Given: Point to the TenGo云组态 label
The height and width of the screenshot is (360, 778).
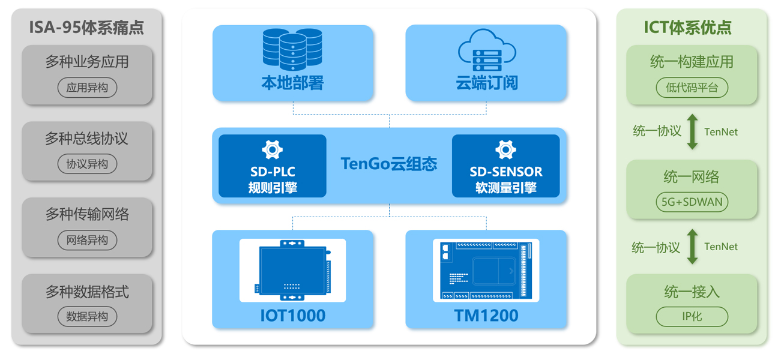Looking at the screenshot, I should pos(388,163).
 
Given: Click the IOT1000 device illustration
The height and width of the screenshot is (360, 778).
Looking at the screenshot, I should pos(292,270).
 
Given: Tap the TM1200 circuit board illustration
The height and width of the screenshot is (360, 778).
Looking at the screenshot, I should pos(486,270).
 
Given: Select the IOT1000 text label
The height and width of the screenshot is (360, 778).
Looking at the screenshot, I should pos(292,315).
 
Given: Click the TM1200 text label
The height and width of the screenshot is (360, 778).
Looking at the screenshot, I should pos(486,315).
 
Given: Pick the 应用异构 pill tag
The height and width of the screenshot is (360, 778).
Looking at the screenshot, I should pos(87,88).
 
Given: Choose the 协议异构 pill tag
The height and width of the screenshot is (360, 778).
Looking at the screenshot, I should pos(87,164).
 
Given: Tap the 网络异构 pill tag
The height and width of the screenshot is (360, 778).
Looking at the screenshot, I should pos(87,240).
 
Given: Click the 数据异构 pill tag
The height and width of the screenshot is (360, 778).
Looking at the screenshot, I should pos(87,316).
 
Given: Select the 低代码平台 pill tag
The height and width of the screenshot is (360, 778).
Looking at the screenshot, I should pos(692,88).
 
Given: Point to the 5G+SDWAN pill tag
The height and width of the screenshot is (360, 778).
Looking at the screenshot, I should pos(692,202).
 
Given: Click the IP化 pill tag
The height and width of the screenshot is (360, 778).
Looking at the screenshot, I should pos(692,316).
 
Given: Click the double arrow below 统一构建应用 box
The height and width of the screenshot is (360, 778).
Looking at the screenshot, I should pos(692,131).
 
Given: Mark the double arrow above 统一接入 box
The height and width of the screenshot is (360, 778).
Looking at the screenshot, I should pos(692,246).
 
